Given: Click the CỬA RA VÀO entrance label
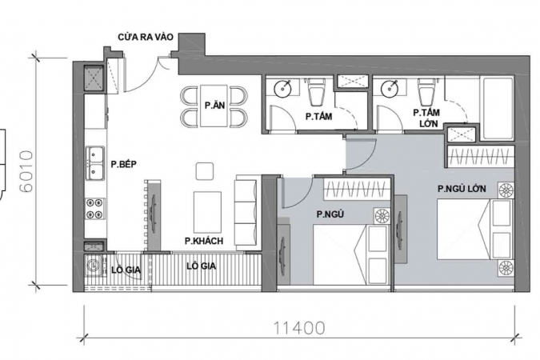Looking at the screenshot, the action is click(x=146, y=37).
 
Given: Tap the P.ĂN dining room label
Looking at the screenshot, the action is click(x=214, y=105).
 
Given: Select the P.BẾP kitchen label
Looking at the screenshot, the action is click(x=124, y=164).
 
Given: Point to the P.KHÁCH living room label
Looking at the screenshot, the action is click(x=204, y=241).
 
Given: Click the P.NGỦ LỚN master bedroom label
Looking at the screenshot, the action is click(x=462, y=189).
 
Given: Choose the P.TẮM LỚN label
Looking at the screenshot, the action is click(x=426, y=118).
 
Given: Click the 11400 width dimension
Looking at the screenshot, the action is click(x=299, y=328).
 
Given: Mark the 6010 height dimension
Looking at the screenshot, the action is click(x=26, y=171).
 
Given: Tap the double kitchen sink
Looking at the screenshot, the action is click(x=94, y=163).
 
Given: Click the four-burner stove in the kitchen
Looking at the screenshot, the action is click(x=94, y=209).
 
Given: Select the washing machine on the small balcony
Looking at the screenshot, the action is click(x=94, y=265).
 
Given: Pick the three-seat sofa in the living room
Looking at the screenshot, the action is click(x=246, y=213).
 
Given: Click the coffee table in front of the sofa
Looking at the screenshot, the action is click(x=207, y=212).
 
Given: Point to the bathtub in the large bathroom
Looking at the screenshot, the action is click(x=498, y=109).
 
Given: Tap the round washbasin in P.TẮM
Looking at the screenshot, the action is click(x=283, y=88).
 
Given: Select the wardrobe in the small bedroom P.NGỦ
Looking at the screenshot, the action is click(x=357, y=189).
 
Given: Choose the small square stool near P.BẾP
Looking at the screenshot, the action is click(x=205, y=171).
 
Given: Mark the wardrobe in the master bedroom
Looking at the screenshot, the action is click(x=481, y=157).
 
